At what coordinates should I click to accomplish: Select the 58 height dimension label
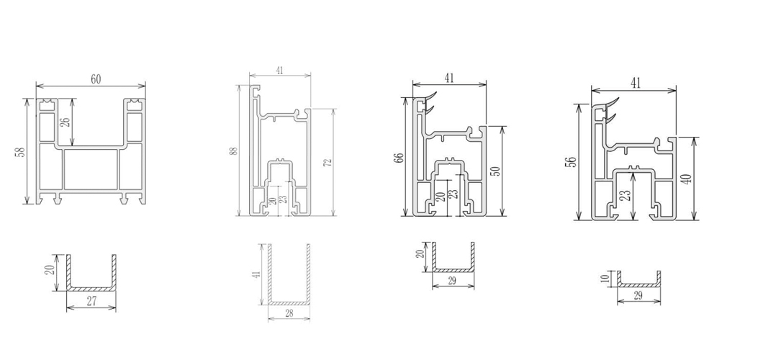coord(19,153)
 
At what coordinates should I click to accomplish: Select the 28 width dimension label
coord(288,313)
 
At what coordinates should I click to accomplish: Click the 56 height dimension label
coord(572,162)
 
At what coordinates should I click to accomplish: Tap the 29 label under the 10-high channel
coord(638,297)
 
